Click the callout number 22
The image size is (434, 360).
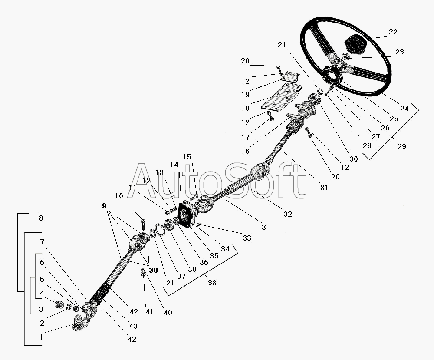[x=393, y=32]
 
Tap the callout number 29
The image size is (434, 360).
[x=401, y=146]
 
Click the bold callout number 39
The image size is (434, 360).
[x=153, y=270]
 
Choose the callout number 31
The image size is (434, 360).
[x=324, y=188]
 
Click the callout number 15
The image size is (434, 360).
[x=187, y=157]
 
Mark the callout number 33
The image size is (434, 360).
[x=247, y=238]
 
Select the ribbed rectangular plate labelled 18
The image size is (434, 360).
[x=282, y=99]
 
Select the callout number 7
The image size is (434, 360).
[x=42, y=242]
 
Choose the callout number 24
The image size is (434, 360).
[x=404, y=109]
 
